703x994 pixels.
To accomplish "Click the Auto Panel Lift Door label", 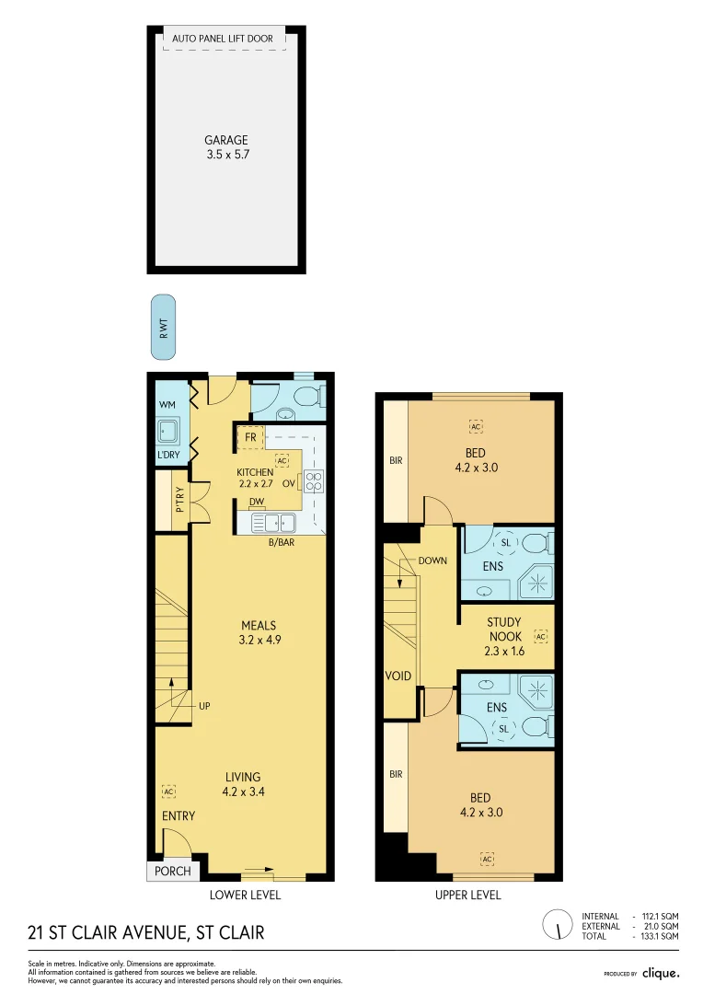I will [x=224, y=40].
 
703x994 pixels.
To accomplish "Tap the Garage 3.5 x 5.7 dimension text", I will [x=226, y=156].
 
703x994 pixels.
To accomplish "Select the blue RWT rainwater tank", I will [x=163, y=327].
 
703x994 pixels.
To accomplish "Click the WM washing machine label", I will [x=167, y=405].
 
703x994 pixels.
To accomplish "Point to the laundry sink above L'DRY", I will [x=168, y=431].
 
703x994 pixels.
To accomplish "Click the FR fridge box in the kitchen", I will [x=250, y=438].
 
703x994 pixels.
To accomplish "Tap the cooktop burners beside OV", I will [x=314, y=481].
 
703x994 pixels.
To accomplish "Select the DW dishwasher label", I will [x=257, y=502].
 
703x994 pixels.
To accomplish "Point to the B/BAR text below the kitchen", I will [x=281, y=543].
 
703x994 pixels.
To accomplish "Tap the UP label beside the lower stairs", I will [x=205, y=706].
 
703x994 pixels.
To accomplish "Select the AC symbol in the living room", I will [x=168, y=792].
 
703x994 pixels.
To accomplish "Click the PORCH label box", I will [x=172, y=871].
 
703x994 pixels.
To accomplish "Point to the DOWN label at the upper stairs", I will [x=432, y=561].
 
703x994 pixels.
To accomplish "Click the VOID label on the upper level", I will [x=398, y=676].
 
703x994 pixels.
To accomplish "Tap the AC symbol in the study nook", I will [x=540, y=637].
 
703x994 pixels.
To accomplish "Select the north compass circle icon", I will [x=556, y=925].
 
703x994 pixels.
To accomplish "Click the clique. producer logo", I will [x=660, y=973].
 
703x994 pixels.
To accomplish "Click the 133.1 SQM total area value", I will [x=662, y=936].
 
